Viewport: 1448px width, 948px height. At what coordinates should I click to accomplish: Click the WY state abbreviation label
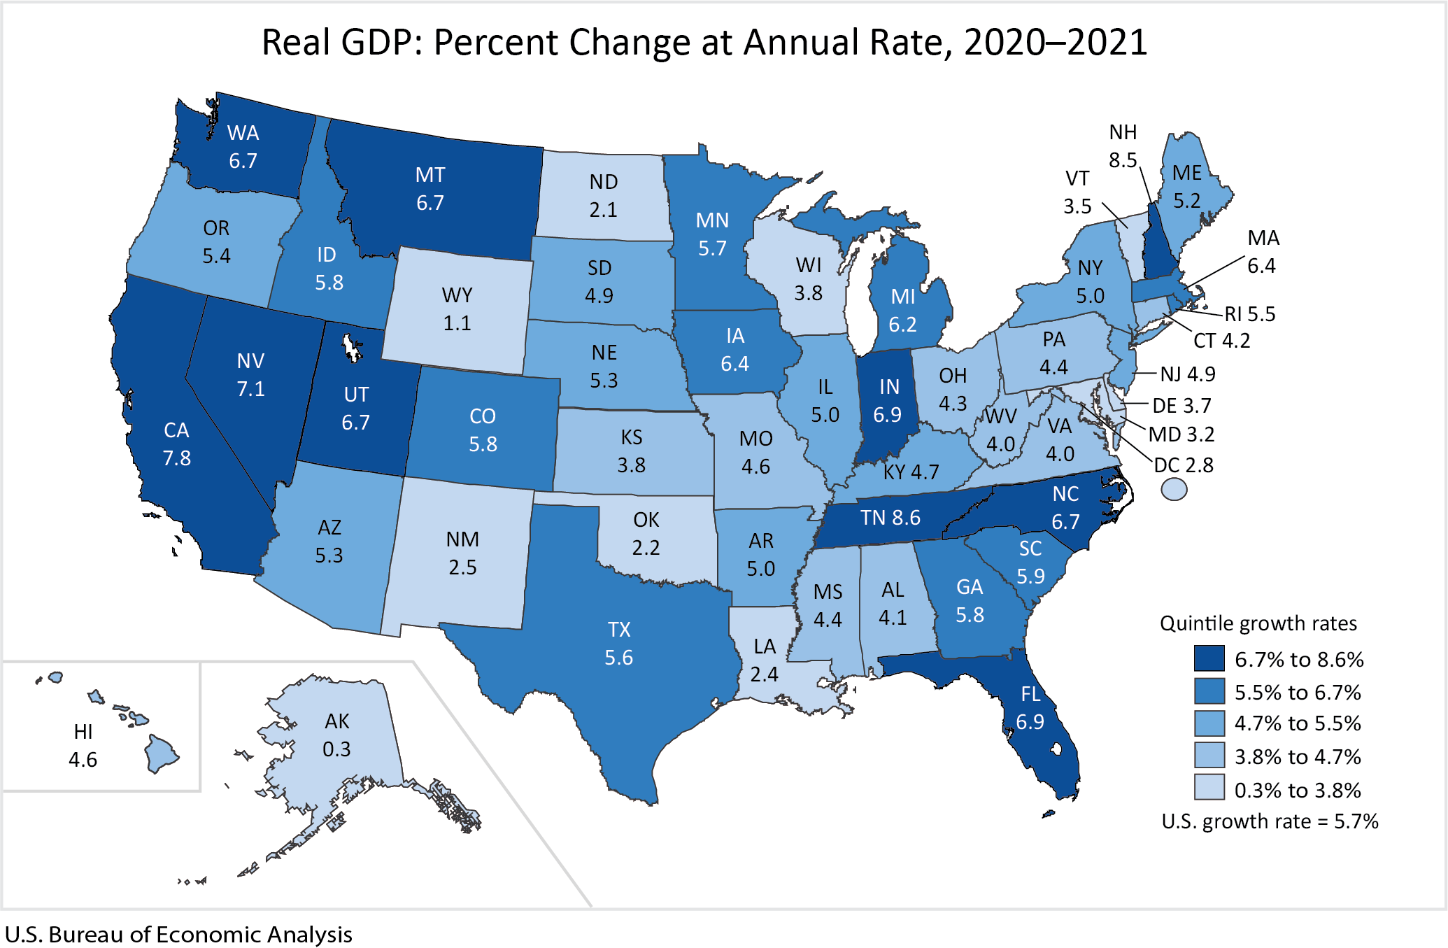457,295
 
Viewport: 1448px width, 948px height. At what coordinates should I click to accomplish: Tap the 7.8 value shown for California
176,458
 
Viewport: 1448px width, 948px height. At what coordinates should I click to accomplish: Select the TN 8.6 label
890,518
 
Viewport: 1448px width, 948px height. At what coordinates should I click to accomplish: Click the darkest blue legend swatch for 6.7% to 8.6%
1209,658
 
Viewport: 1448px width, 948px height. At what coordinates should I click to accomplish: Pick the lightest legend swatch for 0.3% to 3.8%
1209,787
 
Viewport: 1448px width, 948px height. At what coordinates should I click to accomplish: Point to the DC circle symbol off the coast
1174,489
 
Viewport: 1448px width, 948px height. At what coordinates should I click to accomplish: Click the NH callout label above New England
1123,132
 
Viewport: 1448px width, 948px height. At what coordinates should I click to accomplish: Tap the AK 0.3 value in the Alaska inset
336,749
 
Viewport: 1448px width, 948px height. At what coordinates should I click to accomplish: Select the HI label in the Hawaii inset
83,732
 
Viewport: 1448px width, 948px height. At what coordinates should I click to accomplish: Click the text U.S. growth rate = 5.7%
1270,821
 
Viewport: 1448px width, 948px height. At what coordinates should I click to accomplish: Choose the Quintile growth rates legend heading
1258,623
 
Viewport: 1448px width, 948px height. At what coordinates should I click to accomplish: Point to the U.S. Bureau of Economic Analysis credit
178,935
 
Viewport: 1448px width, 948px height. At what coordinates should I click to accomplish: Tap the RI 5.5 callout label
1249,314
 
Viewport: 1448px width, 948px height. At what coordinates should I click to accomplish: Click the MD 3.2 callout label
1181,434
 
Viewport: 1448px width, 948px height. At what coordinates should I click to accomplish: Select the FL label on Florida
1030,694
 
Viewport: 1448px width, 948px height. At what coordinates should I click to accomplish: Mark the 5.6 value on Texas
618,658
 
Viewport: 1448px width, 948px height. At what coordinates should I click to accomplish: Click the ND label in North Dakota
603,182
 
